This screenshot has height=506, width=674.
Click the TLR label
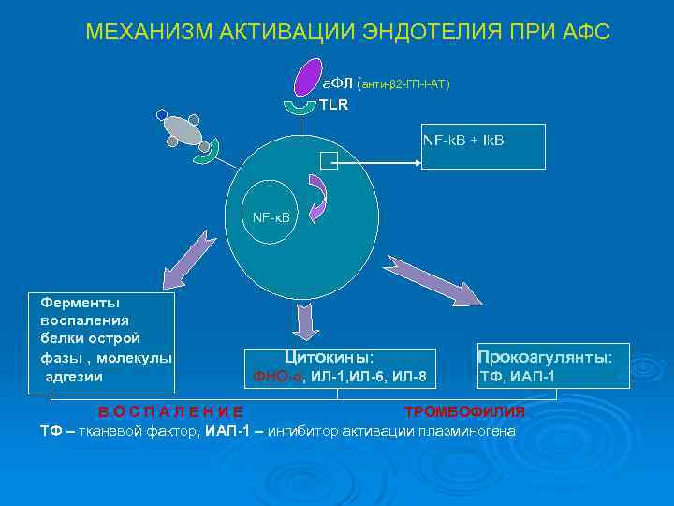(x=334, y=105)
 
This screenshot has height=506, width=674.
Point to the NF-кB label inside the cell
(x=271, y=217)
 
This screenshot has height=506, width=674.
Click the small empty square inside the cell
(x=328, y=161)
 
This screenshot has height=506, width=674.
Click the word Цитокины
(x=329, y=357)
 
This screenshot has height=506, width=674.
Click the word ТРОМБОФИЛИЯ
(x=464, y=412)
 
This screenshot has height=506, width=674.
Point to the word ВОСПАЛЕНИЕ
(x=171, y=412)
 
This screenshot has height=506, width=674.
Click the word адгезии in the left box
(x=74, y=377)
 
